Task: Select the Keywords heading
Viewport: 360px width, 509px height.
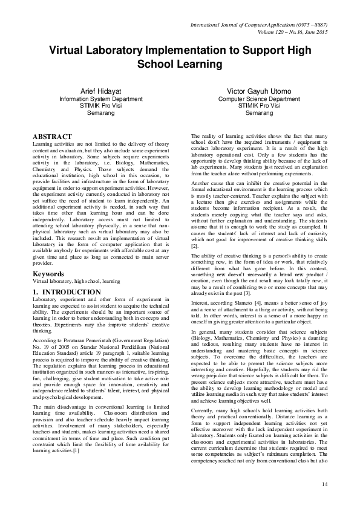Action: [x=48, y=274]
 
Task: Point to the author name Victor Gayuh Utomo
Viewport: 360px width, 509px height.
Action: [x=260, y=91]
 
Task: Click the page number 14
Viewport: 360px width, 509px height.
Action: [x=324, y=484]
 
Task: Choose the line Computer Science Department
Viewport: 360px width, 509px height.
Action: [x=259, y=99]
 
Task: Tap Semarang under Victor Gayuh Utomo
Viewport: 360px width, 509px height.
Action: [x=259, y=113]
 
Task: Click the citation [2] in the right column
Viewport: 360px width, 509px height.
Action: [x=194, y=247]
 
